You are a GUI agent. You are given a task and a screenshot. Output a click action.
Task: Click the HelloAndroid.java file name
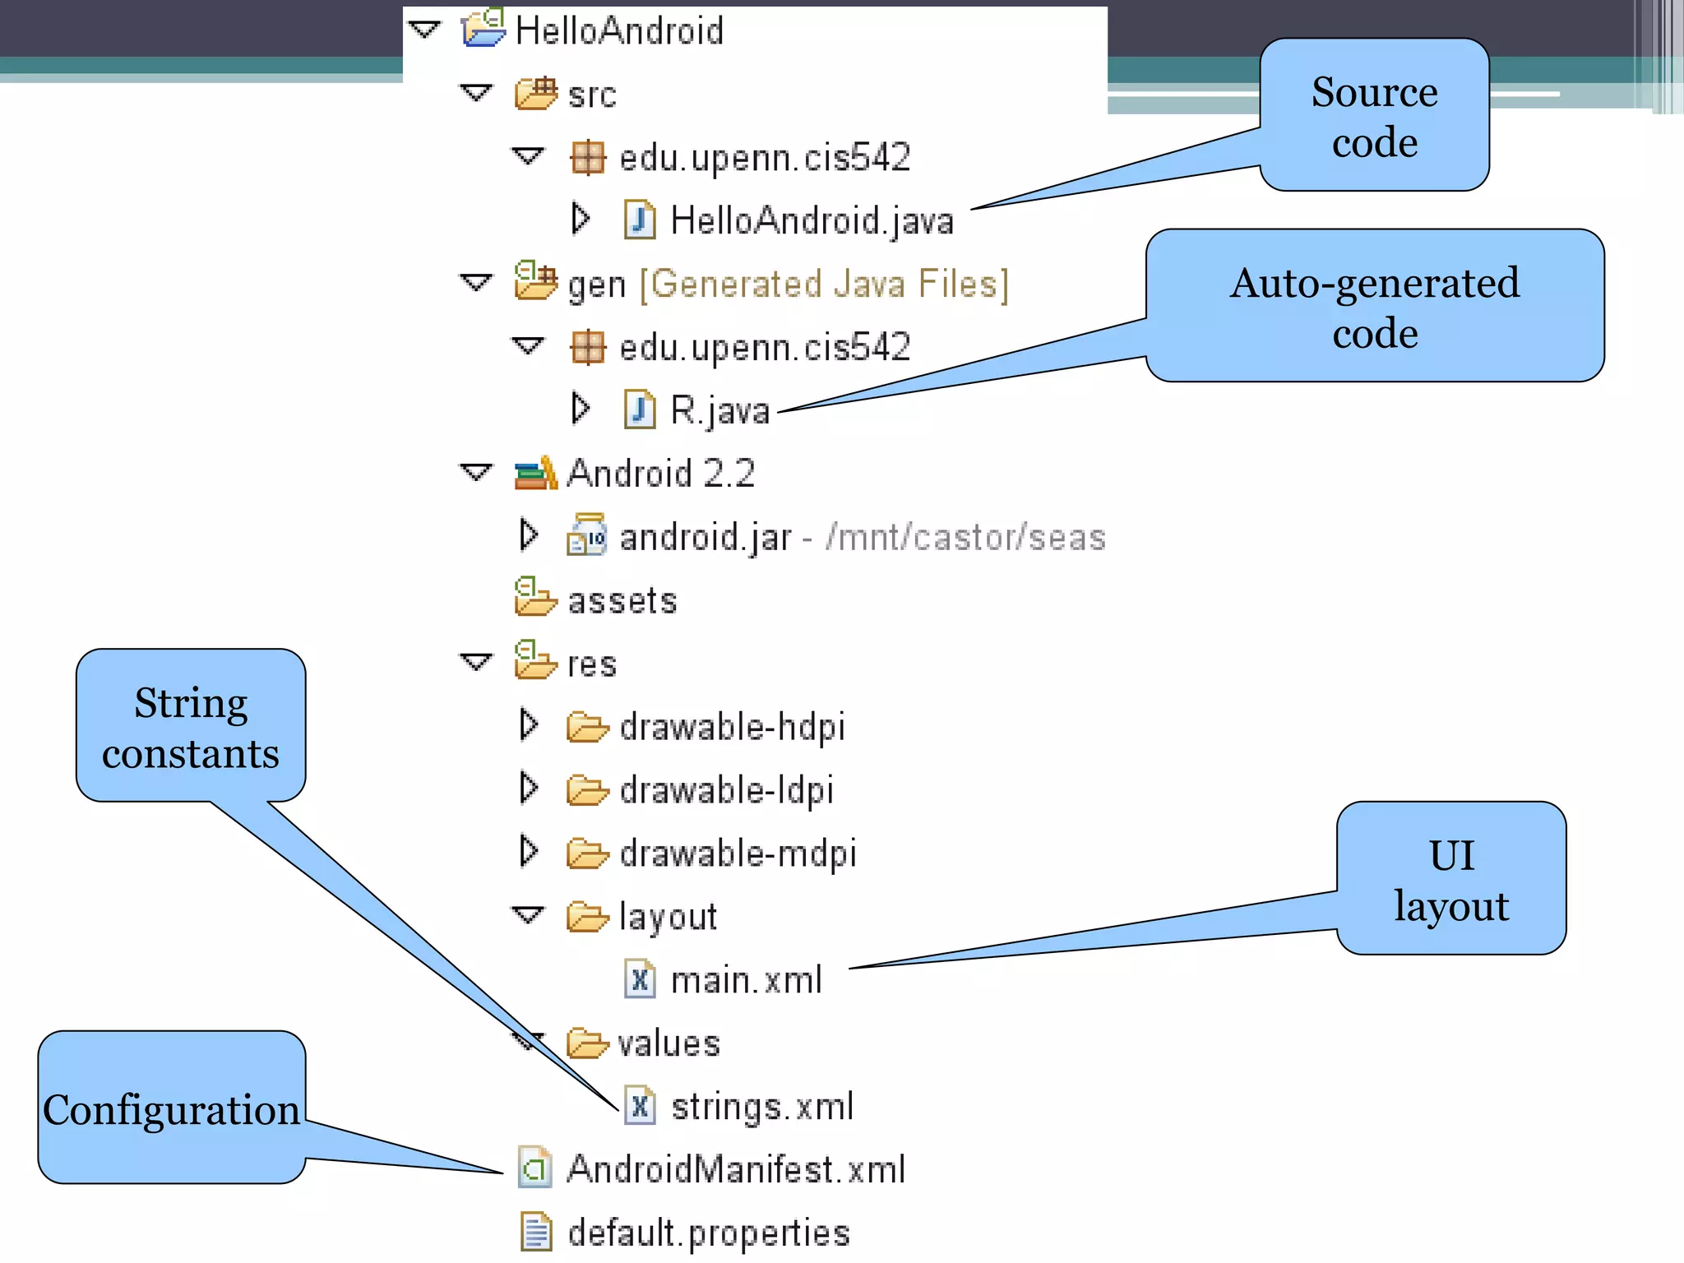pyautogui.click(x=812, y=221)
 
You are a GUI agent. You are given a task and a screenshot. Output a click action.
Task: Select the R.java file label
pyautogui.click(x=719, y=410)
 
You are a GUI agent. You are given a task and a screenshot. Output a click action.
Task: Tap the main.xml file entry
pyautogui.click(x=746, y=980)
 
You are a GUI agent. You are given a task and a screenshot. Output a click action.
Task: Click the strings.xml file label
pyautogui.click(x=762, y=1107)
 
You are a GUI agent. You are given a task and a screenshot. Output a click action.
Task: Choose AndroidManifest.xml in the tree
pyautogui.click(x=736, y=1169)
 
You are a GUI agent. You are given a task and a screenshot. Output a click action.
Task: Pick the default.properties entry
pyautogui.click(x=708, y=1233)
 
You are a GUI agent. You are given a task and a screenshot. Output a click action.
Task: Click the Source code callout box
pyautogui.click(x=1374, y=116)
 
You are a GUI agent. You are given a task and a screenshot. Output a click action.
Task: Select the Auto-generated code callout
pyautogui.click(x=1374, y=307)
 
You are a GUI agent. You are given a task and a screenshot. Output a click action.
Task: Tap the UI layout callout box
pyautogui.click(x=1451, y=879)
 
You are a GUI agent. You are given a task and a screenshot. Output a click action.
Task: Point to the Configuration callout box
pyautogui.click(x=171, y=1108)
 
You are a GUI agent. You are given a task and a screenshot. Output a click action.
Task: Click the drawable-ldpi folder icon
pyautogui.click(x=587, y=790)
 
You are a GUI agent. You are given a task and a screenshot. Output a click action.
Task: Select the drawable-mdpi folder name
pyautogui.click(x=738, y=854)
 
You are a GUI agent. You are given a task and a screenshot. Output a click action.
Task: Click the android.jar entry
pyautogui.click(x=705, y=538)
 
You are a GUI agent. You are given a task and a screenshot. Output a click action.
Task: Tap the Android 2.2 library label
pyautogui.click(x=660, y=474)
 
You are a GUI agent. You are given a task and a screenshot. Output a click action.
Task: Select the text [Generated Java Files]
pyautogui.click(x=824, y=285)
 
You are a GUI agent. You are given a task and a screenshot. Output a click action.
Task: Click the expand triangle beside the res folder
pyautogui.click(x=476, y=662)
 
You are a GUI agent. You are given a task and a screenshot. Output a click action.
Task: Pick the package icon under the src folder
pyautogui.click(x=588, y=158)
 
